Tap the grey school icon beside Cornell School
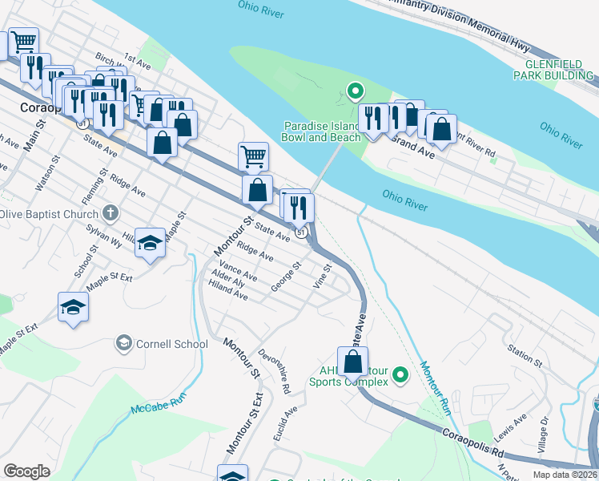coord(123,344)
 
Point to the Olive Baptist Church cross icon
coord(111,214)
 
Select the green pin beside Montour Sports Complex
coord(402,374)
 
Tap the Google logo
coord(26,471)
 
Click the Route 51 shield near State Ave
coord(300,232)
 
